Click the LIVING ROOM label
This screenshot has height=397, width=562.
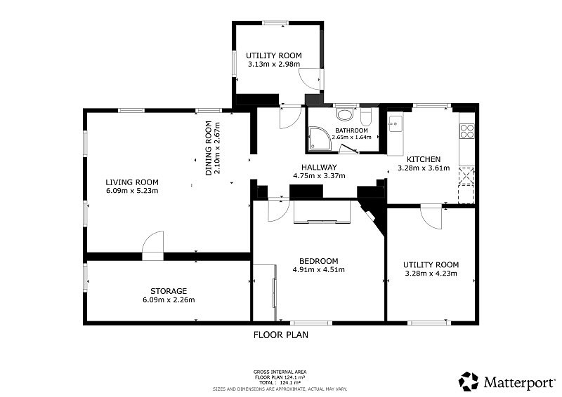click(132, 182)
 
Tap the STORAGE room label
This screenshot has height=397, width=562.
click(169, 291)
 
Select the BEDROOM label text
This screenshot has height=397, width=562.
click(319, 261)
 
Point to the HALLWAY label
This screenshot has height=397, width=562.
click(319, 167)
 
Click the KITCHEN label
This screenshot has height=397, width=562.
click(424, 159)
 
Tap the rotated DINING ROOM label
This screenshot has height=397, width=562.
click(208, 148)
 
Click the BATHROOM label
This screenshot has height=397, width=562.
click(351, 130)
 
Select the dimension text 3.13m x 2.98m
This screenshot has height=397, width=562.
click(274, 64)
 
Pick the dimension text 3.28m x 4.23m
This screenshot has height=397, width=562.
click(431, 274)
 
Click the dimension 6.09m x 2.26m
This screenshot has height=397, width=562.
click(169, 300)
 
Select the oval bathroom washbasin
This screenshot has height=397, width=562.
click(345, 115)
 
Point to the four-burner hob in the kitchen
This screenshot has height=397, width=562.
click(467, 130)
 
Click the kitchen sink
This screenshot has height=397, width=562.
click(396, 123)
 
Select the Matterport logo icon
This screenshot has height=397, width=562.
click(469, 382)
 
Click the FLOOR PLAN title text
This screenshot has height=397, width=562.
click(280, 335)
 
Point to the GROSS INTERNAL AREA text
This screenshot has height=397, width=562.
click(280, 372)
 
